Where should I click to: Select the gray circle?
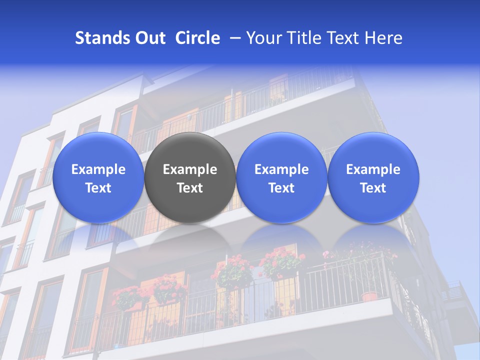[190, 177]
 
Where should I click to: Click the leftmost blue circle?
[98, 177]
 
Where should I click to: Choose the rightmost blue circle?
[373, 177]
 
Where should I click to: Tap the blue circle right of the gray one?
[281, 177]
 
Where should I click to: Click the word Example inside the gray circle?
[190, 169]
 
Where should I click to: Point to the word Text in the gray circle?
[190, 188]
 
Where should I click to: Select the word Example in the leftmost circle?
[98, 169]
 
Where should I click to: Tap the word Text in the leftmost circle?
[98, 188]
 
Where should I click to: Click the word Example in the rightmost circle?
[373, 169]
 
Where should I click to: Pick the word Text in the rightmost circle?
[373, 188]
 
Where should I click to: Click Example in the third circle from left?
[281, 169]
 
